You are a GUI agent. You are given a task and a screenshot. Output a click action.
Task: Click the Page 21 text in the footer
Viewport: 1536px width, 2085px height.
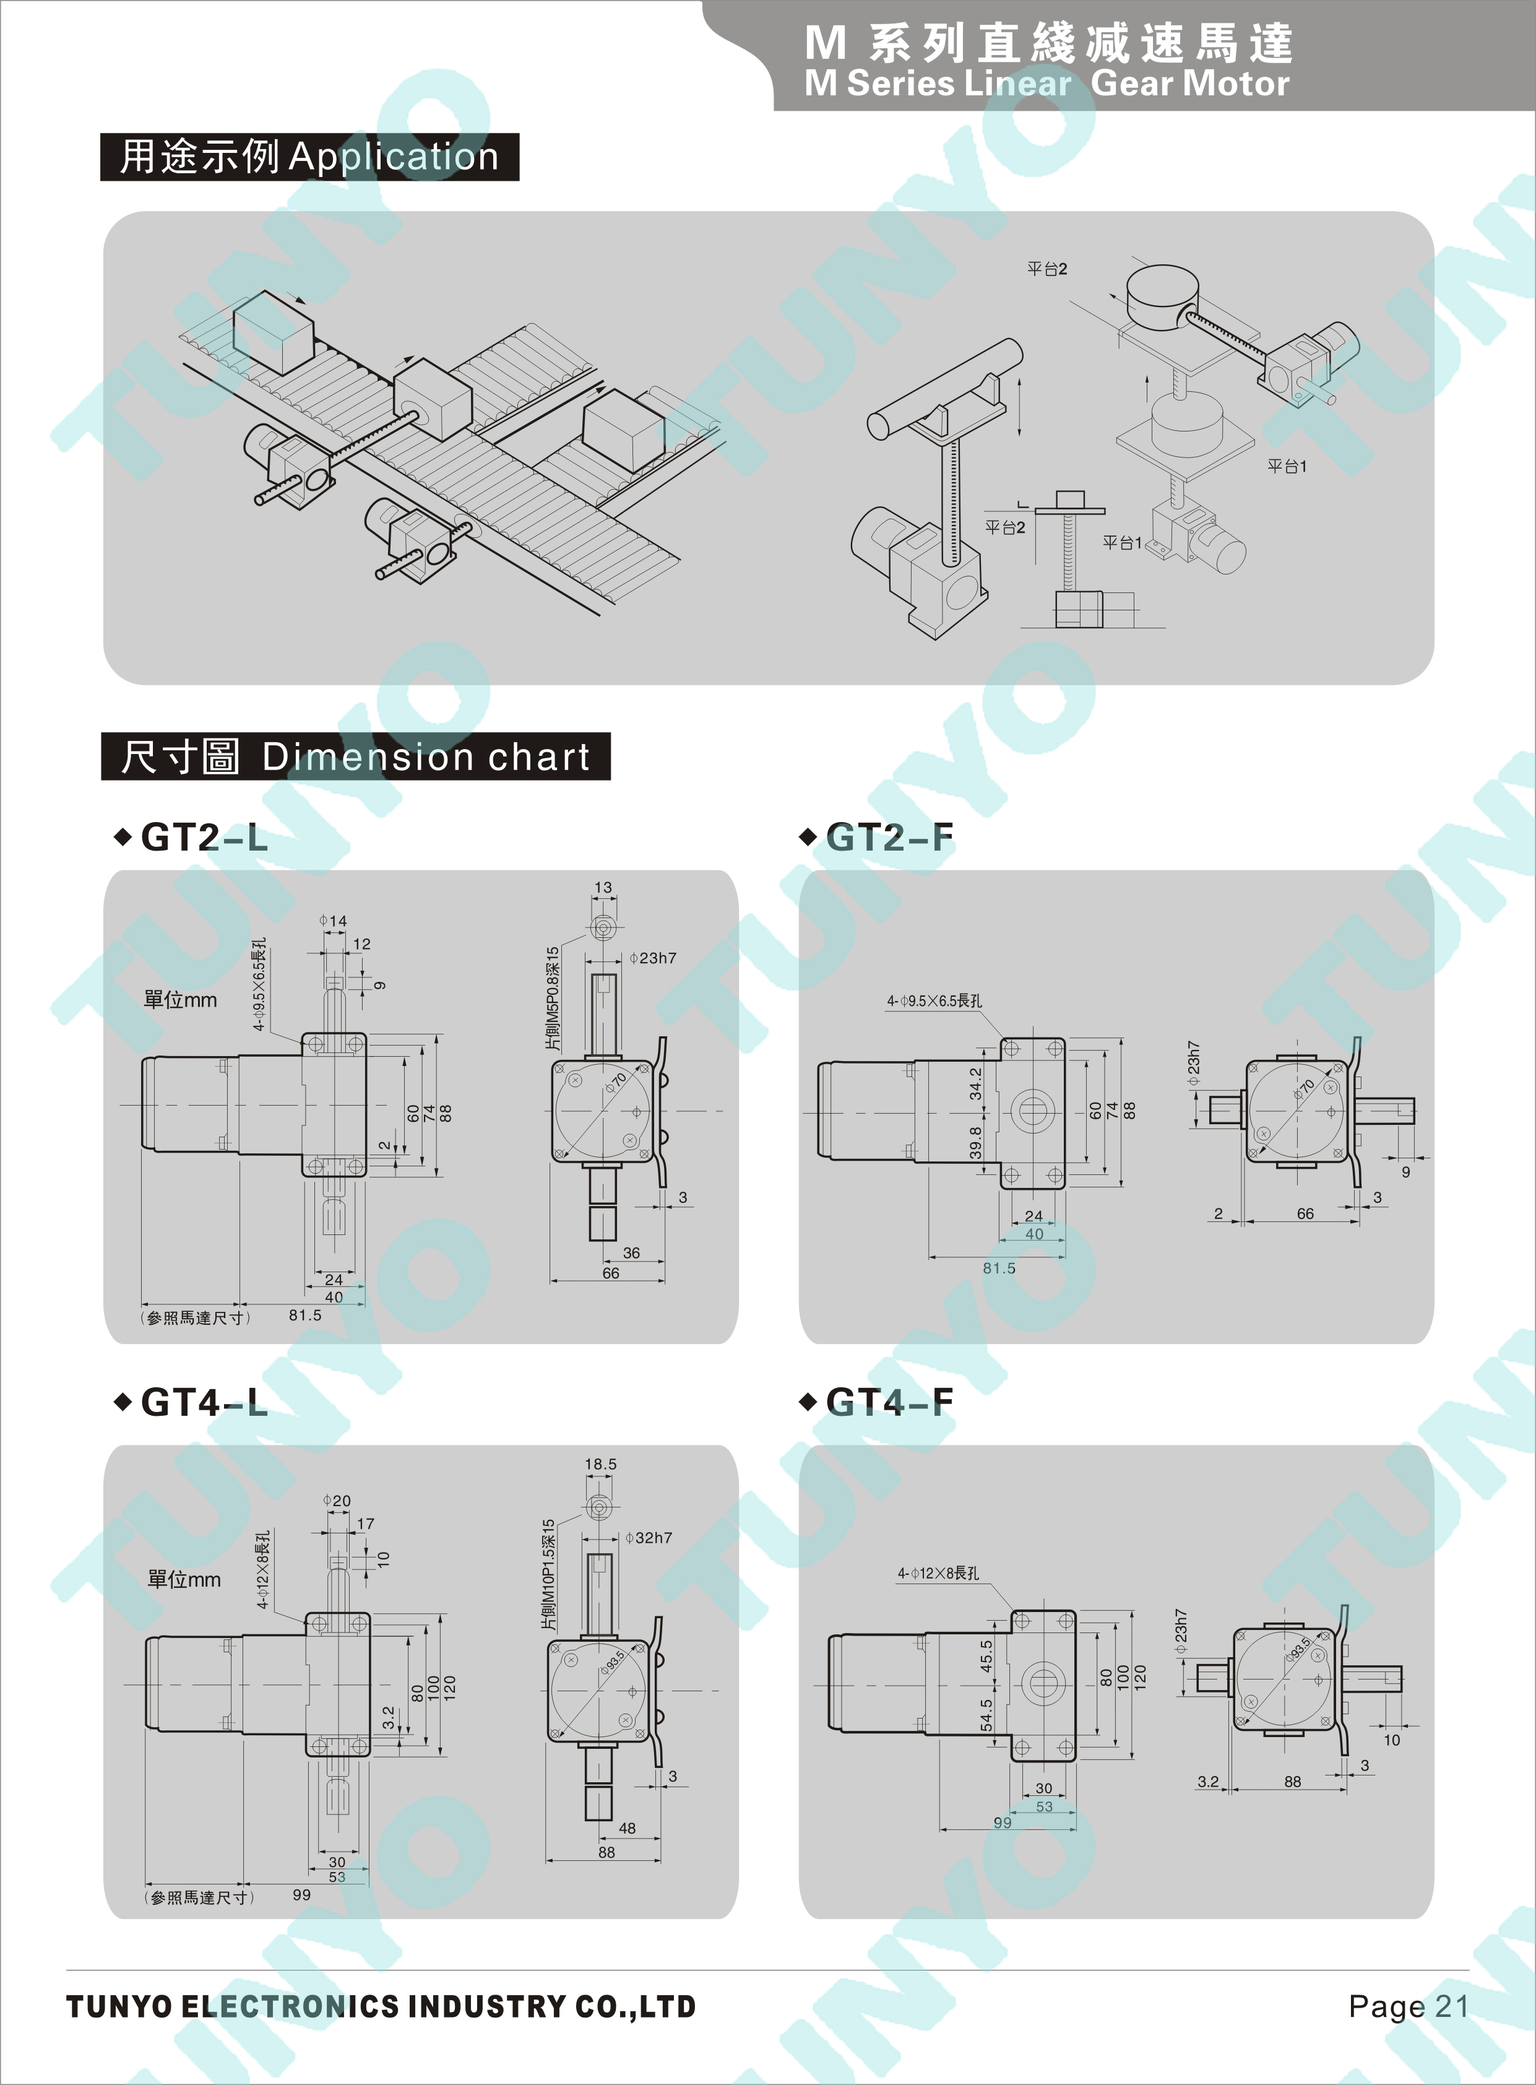coord(1409,2007)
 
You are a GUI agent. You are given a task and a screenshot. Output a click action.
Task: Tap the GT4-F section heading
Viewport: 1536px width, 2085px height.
coord(889,1402)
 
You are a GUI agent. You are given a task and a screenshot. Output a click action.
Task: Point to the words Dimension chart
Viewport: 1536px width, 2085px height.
coord(426,757)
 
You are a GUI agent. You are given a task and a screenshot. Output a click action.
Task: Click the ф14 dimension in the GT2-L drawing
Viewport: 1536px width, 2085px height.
coord(333,921)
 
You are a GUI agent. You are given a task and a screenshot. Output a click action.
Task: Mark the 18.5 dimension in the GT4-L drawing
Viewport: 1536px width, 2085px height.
coord(601,1464)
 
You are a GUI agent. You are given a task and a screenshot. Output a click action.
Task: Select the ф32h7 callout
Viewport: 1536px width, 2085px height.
coord(649,1538)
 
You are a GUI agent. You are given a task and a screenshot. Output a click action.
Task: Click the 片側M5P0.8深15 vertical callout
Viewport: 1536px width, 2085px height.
coord(552,999)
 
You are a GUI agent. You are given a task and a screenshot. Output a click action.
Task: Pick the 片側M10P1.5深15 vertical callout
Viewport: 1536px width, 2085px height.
coord(548,1574)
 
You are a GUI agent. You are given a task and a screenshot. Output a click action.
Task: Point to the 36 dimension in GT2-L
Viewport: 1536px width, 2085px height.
coord(631,1253)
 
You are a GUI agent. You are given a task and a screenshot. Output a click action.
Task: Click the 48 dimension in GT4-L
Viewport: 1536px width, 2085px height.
coord(628,1828)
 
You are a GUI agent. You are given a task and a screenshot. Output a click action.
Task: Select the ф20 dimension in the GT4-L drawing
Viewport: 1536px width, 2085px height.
coord(337,1501)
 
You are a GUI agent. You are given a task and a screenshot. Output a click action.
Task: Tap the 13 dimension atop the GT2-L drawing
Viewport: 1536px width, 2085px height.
coord(603,887)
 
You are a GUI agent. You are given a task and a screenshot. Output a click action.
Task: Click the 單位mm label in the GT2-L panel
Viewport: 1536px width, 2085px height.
coord(180,1000)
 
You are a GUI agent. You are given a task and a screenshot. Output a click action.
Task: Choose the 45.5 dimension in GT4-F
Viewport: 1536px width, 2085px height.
coord(986,1656)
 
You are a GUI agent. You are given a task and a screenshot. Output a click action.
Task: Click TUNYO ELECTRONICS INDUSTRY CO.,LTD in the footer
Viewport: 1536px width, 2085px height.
coord(381,2007)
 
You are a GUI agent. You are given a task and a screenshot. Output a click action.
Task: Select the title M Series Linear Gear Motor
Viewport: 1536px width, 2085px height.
coord(1047,84)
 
